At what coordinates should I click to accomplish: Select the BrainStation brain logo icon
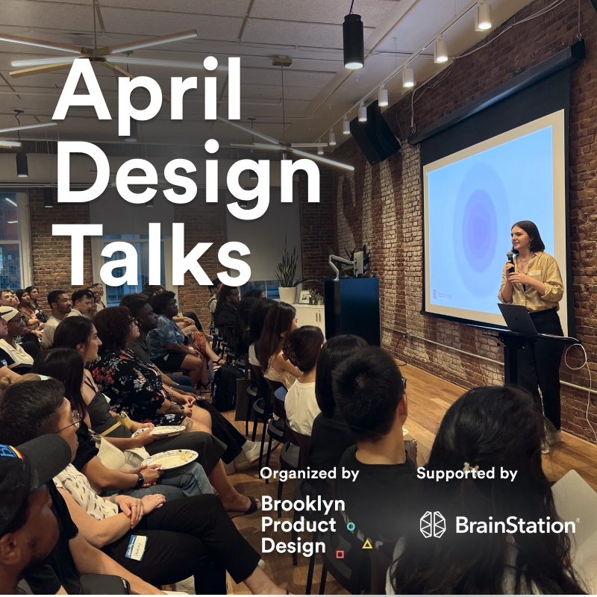pyautogui.click(x=432, y=525)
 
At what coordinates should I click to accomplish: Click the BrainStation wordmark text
pyautogui.click(x=516, y=525)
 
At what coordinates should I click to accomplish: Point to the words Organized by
pyautogui.click(x=309, y=473)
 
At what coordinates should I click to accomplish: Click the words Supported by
pyautogui.click(x=466, y=473)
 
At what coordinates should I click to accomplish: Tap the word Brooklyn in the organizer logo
pyautogui.click(x=303, y=504)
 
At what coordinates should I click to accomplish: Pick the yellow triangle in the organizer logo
pyautogui.click(x=367, y=544)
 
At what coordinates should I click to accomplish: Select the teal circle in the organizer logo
pyautogui.click(x=351, y=526)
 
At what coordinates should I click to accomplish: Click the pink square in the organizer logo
pyautogui.click(x=340, y=554)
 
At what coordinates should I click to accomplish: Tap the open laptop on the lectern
pyautogui.click(x=518, y=319)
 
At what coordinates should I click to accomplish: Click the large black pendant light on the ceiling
pyautogui.click(x=353, y=43)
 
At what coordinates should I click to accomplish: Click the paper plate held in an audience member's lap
pyautogui.click(x=170, y=459)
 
